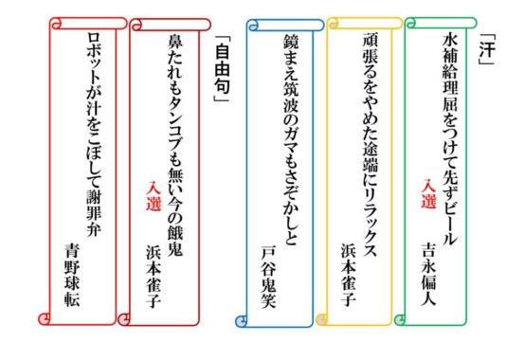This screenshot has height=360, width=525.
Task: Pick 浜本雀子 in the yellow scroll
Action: point(348,275)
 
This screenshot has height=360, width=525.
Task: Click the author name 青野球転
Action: point(72,275)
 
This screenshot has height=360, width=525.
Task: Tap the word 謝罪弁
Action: point(93,213)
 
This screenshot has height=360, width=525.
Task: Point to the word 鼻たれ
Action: point(174,60)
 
